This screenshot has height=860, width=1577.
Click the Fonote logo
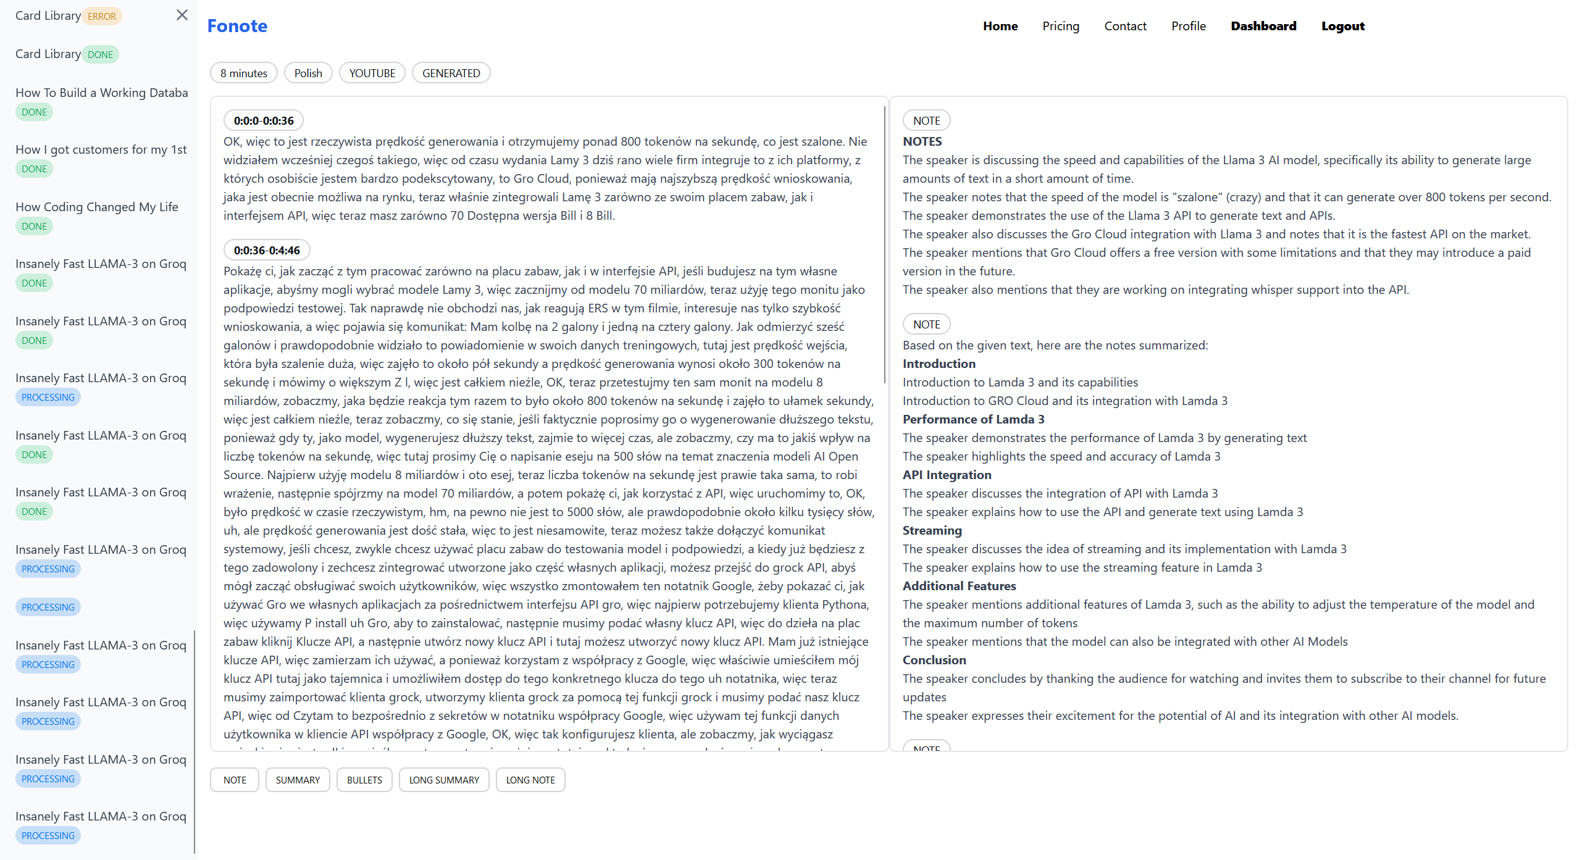(237, 26)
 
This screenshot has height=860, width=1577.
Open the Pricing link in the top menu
(1060, 26)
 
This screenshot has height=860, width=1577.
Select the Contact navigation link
(1125, 26)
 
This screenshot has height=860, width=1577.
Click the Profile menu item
(1188, 26)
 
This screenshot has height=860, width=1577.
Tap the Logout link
(1342, 26)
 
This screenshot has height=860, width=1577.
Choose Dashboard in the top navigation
(1263, 26)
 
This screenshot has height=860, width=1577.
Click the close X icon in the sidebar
(182, 15)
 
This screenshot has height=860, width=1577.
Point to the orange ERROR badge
(102, 17)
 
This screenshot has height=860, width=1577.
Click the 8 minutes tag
(244, 73)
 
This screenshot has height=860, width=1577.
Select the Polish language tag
(308, 73)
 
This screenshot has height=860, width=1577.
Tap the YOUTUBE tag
(372, 73)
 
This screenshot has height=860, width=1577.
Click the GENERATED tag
(451, 73)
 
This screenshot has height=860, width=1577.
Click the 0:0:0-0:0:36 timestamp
(264, 120)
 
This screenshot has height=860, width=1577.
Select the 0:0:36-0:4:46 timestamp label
(267, 250)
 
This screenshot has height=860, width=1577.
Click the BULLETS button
(364, 780)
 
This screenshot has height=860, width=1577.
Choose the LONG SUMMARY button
(444, 780)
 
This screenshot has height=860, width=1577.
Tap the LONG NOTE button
(530, 780)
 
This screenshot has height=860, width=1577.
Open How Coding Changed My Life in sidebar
(97, 207)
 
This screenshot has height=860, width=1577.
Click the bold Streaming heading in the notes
(932, 530)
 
